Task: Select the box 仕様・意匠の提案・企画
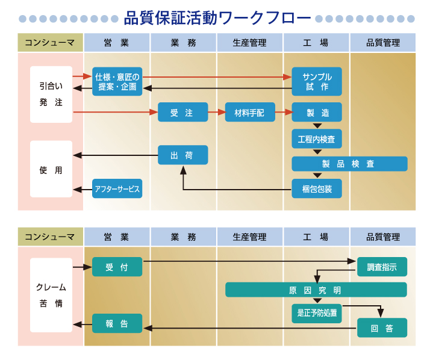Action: [117, 81]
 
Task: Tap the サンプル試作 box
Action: [317, 81]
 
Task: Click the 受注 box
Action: [182, 113]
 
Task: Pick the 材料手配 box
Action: [249, 113]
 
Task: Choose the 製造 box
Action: [317, 113]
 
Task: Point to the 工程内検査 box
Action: [317, 139]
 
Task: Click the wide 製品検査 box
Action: [349, 164]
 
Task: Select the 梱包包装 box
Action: [317, 189]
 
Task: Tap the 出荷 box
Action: [182, 155]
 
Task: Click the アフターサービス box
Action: [117, 189]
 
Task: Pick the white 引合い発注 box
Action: [51, 95]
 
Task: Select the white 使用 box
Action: [51, 169]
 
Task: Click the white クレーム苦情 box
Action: [51, 295]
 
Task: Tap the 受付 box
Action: [117, 267]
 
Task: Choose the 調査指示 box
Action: [382, 267]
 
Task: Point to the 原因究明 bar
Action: [316, 290]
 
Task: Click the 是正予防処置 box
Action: [317, 313]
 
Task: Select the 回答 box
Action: [382, 328]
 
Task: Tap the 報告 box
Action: [117, 323]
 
